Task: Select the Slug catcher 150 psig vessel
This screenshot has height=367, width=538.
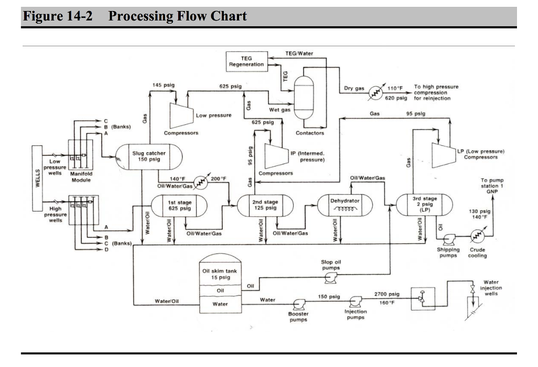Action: click(149, 156)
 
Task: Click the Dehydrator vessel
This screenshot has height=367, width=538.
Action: click(345, 205)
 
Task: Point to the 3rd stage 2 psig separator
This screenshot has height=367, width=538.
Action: click(424, 205)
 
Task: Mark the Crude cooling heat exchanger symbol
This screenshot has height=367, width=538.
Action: click(476, 237)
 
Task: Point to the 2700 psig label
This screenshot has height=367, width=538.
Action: click(387, 295)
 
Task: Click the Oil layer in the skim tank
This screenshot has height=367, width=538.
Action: click(220, 290)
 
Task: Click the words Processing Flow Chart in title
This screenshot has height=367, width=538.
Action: click(177, 16)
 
